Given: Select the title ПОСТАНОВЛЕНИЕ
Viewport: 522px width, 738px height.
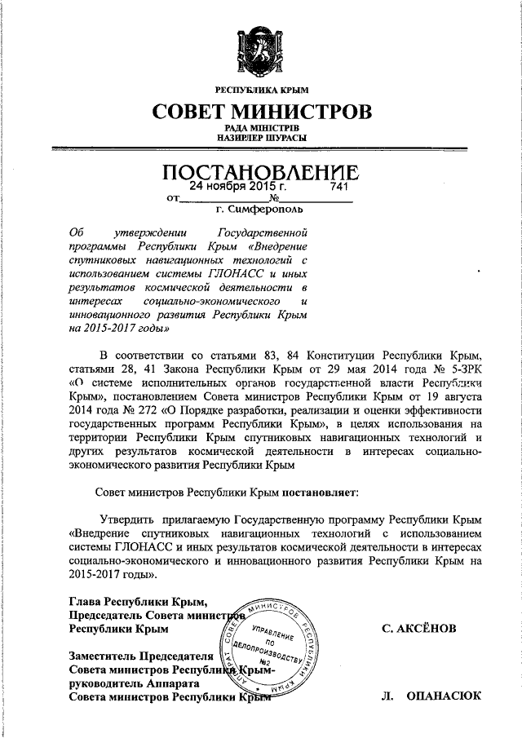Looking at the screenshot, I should (261, 173).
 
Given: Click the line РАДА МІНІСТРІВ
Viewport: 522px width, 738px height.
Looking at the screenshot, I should (261, 129).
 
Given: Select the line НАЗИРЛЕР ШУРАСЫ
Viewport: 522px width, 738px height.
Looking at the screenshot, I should (261, 139).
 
